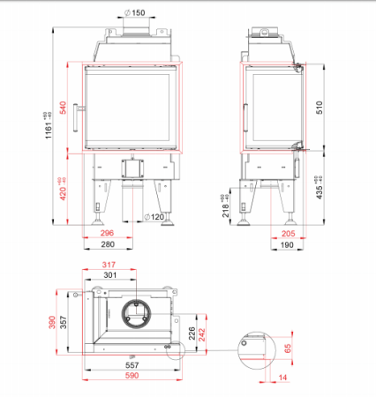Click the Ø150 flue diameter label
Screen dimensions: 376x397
tap(135, 12)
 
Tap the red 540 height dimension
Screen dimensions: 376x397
tap(64, 108)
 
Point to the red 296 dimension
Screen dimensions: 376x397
tap(107, 233)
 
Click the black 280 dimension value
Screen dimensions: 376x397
tap(108, 244)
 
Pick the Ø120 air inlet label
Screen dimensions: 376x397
tap(154, 217)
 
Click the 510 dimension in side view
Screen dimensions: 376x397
tap(320, 108)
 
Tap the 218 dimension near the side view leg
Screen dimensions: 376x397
tap(226, 209)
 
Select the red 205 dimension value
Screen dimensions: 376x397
tap(288, 234)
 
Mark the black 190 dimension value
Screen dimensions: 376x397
tap(287, 244)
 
